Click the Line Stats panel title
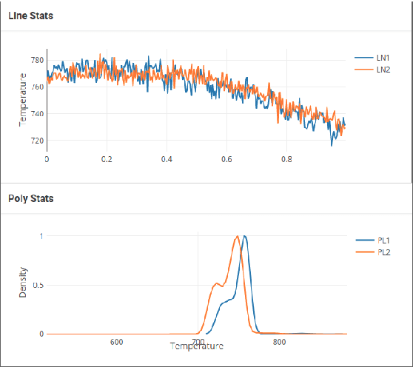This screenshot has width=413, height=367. click(30, 16)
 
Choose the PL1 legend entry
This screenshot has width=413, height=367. click(383, 240)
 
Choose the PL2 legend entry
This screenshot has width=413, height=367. click(383, 252)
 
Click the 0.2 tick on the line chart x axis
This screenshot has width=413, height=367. click(107, 158)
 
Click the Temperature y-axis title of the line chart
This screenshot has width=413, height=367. click(24, 99)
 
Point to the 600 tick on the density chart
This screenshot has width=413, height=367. click(116, 342)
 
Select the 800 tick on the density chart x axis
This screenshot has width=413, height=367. click(280, 342)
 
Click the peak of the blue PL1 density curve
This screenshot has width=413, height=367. click(244, 236)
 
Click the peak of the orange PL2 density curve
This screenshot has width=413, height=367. click(237, 236)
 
